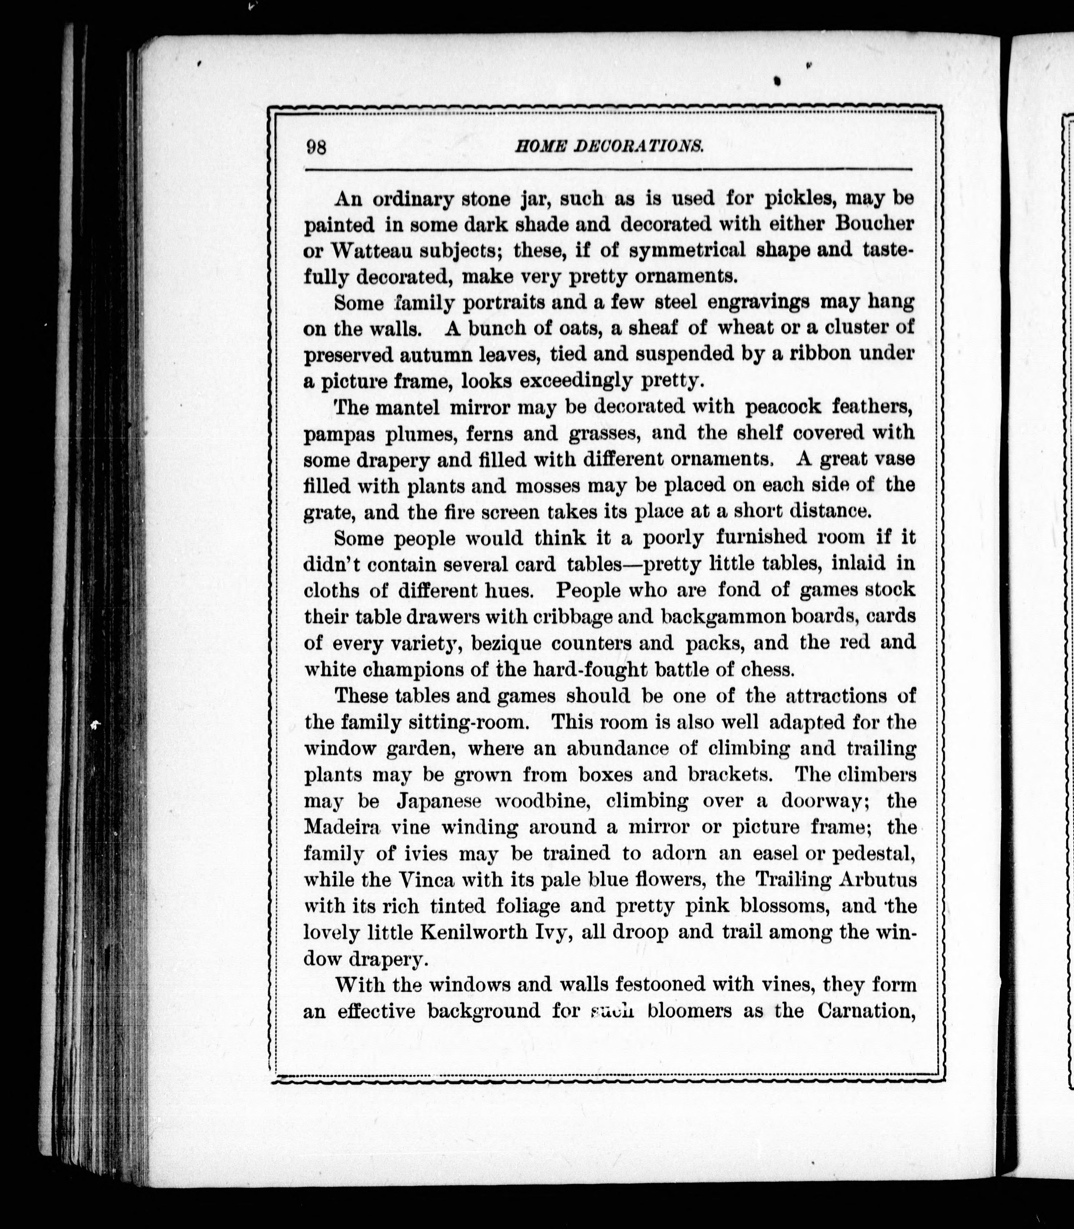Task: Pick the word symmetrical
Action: coord(688,250)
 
